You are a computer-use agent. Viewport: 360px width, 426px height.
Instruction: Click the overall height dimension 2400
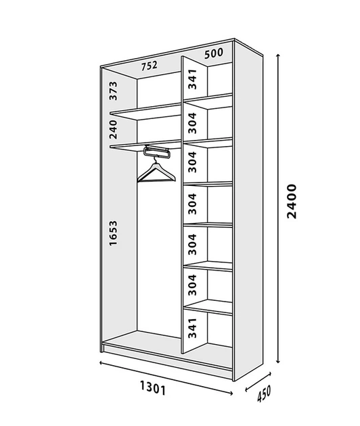point(292,202)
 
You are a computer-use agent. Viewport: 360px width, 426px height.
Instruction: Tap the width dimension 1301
point(152,387)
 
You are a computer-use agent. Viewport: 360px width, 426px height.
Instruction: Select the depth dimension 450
point(264,394)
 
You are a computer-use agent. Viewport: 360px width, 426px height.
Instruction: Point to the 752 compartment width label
point(150,66)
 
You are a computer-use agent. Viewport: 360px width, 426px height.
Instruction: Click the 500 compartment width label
point(214,53)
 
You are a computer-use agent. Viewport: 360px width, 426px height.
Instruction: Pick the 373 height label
point(113,91)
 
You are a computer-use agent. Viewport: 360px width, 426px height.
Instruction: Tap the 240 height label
point(113,130)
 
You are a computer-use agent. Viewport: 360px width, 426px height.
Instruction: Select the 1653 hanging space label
point(113,233)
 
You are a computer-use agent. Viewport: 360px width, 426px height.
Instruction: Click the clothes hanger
point(156,172)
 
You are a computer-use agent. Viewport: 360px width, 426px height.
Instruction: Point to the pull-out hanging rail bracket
point(157,151)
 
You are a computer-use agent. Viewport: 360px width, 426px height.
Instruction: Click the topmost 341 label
point(192,79)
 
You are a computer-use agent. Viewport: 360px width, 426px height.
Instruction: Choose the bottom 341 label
point(192,328)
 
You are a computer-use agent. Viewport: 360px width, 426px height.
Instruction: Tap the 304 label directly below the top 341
point(192,123)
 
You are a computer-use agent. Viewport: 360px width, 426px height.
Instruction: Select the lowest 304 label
point(192,285)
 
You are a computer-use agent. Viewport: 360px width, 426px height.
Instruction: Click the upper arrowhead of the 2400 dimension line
point(278,56)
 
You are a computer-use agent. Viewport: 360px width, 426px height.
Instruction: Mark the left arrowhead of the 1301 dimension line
point(102,362)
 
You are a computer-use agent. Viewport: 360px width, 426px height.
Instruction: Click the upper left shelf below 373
point(145,112)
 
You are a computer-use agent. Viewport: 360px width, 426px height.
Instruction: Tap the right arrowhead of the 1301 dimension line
point(231,393)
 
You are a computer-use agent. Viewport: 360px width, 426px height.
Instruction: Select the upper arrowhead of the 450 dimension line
point(269,374)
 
